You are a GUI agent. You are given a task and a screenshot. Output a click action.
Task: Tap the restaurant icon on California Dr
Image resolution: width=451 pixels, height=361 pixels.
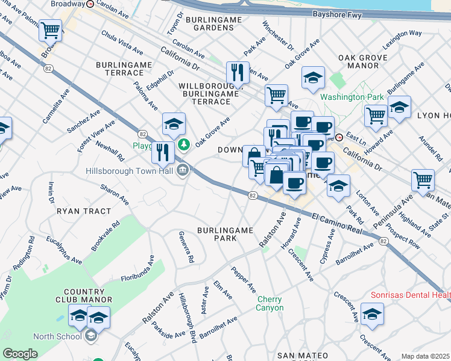pos(238,73)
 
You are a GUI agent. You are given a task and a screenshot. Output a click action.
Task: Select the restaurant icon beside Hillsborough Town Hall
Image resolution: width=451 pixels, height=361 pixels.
pos(162,153)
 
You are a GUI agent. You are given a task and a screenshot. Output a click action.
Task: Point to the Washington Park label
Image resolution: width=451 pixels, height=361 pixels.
pos(352,97)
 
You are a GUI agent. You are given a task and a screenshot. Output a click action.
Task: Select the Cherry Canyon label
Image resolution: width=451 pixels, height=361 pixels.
pos(270,303)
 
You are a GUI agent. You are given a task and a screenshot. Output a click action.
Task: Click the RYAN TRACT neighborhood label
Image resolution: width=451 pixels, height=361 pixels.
pos(84,211)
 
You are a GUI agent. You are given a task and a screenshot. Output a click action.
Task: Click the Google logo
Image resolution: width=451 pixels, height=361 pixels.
pos(20,354)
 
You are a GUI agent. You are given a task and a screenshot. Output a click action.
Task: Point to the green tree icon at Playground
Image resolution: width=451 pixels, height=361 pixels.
pos(184,145)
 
